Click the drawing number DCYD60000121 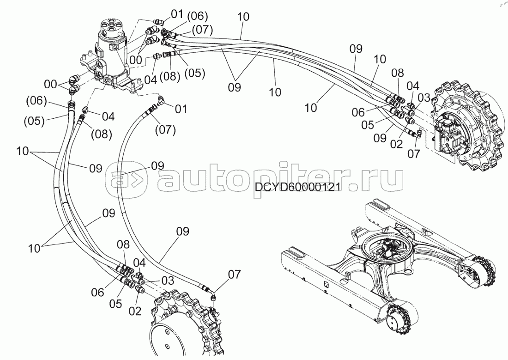click(x=297, y=188)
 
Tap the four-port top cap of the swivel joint click(x=112, y=27)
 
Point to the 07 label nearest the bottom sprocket click(x=234, y=275)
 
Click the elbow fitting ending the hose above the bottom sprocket click(x=213, y=294)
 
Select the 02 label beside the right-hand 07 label click(x=396, y=144)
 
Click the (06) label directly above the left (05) click(x=36, y=100)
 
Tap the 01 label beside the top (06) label click(x=177, y=14)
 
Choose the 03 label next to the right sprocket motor click(x=424, y=98)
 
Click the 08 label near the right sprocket click(x=397, y=73)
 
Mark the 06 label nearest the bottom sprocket click(x=97, y=293)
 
